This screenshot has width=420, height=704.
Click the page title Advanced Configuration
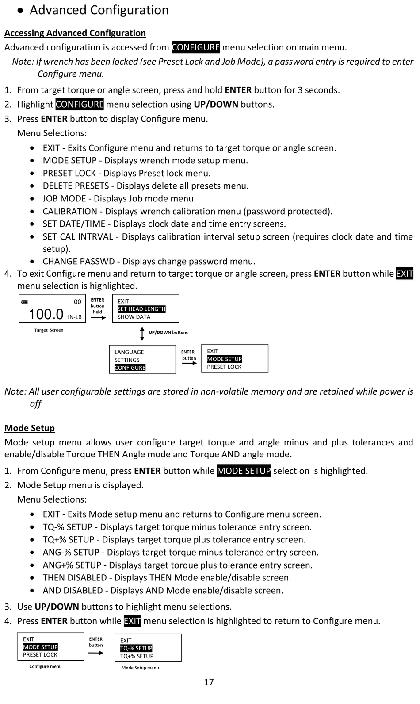[99, 10]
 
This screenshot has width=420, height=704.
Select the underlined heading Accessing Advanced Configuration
[75, 33]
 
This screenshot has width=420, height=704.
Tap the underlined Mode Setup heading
[30, 428]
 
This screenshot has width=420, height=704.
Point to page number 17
[209, 682]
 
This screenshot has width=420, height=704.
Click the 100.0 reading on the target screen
[46, 314]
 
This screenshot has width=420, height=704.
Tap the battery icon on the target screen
[25, 302]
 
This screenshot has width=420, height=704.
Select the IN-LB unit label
[75, 317]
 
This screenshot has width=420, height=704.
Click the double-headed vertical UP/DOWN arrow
[142, 333]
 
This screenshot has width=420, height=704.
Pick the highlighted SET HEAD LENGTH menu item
[141, 309]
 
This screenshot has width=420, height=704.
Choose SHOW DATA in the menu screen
[134, 317]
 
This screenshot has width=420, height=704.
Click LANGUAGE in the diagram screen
[129, 352]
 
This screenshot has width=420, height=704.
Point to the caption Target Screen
[49, 330]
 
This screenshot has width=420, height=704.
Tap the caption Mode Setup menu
[140, 668]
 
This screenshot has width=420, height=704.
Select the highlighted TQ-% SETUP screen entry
[136, 648]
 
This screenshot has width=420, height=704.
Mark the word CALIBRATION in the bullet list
[70, 212]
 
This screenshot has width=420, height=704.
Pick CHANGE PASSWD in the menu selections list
[79, 262]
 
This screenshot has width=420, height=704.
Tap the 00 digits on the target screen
[77, 302]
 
